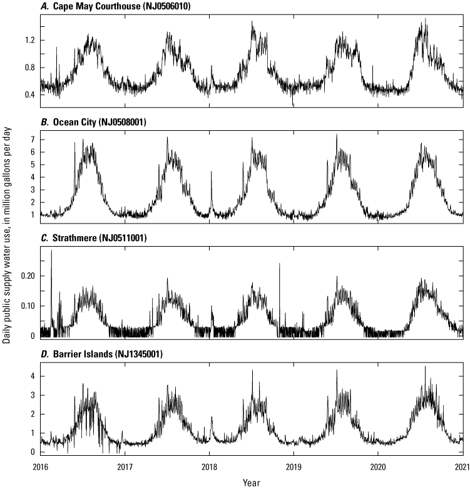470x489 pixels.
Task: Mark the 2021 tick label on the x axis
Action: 462,467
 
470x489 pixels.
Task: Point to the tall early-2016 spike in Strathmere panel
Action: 51,252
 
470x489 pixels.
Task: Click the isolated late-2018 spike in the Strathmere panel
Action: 279,265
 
